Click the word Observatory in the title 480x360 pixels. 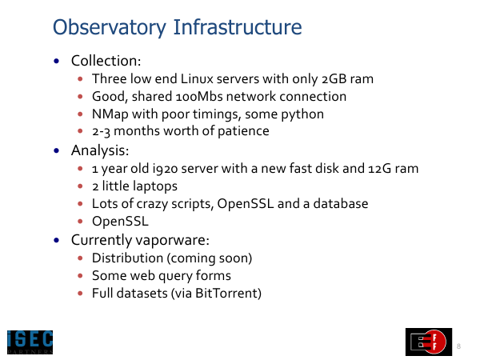[x=110, y=27]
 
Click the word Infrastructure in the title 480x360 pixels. [x=238, y=27]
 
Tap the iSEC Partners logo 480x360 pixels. [x=30, y=342]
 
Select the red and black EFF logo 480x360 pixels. [x=429, y=342]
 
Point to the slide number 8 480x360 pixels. [x=458, y=346]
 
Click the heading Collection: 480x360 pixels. [x=106, y=61]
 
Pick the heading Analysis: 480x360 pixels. [x=100, y=150]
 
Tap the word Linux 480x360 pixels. [x=197, y=78]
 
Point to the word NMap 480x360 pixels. [x=110, y=114]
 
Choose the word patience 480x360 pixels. [x=243, y=131]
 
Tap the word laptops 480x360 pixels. [x=155, y=186]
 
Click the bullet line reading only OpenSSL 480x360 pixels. [x=120, y=222]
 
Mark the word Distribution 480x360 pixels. [x=127, y=258]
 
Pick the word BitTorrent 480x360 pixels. [x=226, y=294]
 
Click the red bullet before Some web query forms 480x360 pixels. [x=80, y=276]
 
